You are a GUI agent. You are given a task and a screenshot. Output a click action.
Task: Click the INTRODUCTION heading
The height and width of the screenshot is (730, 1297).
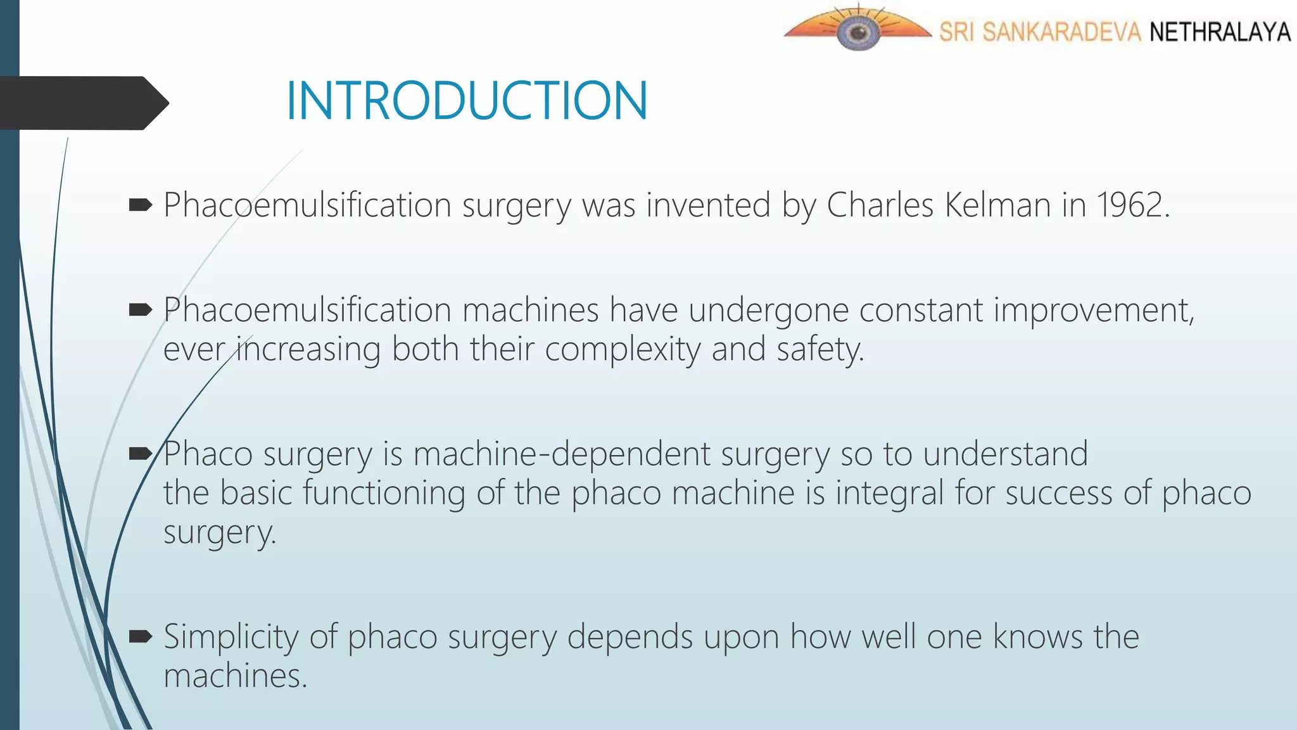pos(467,101)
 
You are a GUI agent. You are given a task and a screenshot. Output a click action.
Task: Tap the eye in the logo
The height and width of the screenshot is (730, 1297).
pos(858,32)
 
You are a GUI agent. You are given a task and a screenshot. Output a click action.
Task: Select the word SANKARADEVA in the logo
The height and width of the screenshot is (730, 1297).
pos(1061,32)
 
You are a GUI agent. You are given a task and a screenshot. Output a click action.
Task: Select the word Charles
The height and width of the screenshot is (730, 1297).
pos(880,205)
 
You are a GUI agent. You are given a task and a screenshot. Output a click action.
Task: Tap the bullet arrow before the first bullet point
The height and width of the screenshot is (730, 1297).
pos(141,205)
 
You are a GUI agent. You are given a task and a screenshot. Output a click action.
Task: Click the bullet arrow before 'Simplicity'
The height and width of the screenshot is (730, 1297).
pos(141,636)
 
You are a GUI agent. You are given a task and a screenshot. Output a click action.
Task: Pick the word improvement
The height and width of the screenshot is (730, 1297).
pos(1093,311)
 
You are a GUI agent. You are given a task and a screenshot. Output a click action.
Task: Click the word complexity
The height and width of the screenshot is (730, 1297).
pos(623,350)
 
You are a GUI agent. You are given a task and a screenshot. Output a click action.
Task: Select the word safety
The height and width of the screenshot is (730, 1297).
pos(820,350)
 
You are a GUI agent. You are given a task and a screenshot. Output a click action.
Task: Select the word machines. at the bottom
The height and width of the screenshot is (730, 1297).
pos(235,676)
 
